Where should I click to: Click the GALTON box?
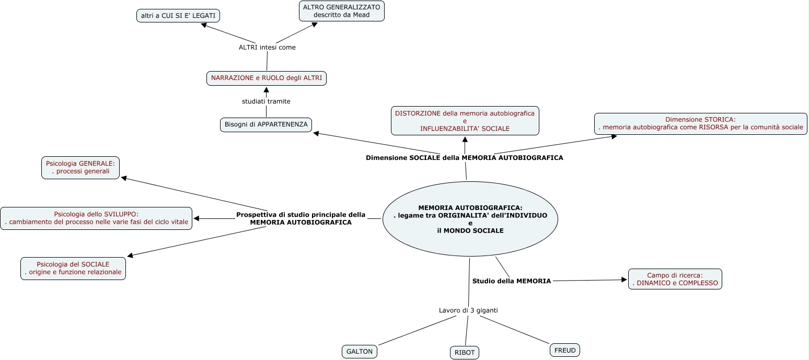[x=360, y=352]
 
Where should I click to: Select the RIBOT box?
[x=465, y=353]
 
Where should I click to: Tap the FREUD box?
[x=565, y=350]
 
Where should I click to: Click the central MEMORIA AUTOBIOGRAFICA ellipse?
[x=470, y=219]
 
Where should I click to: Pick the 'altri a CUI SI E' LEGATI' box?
[x=178, y=16]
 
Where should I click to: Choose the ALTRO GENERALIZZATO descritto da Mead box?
[x=342, y=11]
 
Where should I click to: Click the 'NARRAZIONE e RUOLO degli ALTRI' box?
[x=267, y=78]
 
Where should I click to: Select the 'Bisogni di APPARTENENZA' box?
[x=266, y=125]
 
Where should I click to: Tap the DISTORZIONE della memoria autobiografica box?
[x=465, y=121]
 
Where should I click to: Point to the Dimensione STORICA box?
[x=700, y=123]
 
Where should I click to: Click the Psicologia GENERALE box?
[x=80, y=168]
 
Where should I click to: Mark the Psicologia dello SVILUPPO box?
[x=96, y=218]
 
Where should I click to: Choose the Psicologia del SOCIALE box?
[x=73, y=268]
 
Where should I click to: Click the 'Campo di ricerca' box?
[x=675, y=279]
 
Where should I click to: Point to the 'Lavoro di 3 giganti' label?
[x=468, y=310]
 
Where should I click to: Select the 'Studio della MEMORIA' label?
[x=512, y=281]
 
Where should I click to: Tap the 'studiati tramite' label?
[x=266, y=101]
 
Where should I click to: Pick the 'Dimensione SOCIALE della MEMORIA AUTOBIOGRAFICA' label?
[x=464, y=158]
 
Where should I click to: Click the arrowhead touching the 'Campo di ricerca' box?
[x=624, y=280]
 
